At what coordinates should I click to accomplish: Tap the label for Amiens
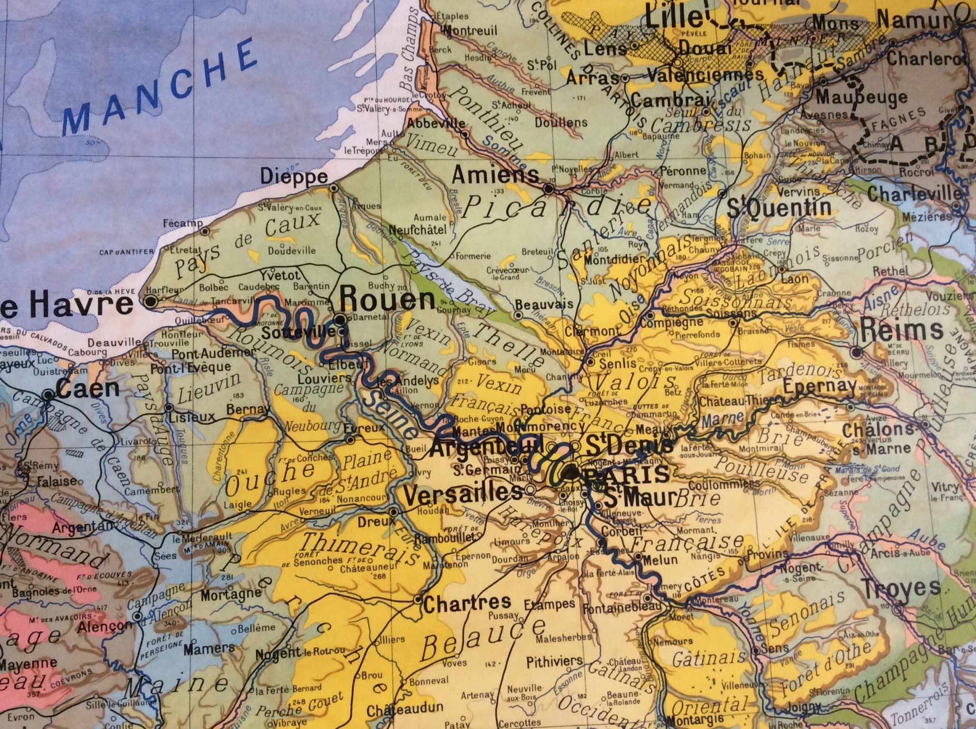[495, 176]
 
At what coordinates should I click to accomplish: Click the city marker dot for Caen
[48, 394]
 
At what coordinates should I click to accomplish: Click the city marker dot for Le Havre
[151, 301]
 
